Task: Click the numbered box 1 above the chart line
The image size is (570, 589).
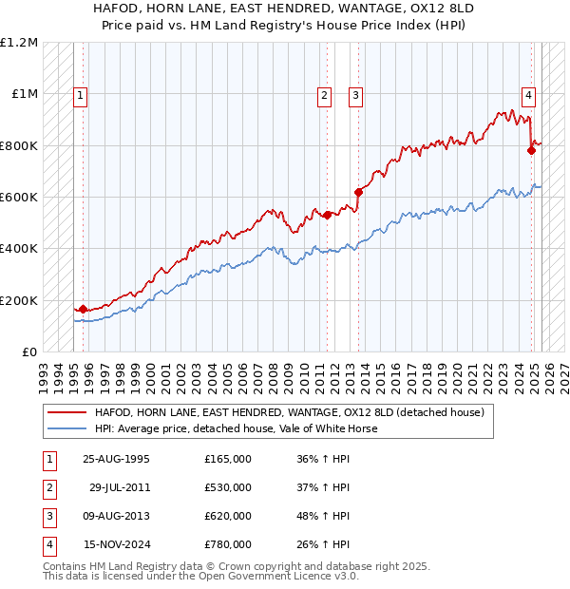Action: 81,94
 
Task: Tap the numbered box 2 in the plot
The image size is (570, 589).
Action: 325,94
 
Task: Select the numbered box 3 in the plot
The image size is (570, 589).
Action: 355,94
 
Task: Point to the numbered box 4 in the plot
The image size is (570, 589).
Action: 527,94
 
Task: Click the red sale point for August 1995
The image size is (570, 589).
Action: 83,309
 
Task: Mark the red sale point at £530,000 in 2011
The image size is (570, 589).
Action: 327,215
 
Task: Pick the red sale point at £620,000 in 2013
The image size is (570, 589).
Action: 358,192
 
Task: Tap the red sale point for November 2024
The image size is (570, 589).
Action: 531,150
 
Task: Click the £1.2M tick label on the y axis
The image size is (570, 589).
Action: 19,43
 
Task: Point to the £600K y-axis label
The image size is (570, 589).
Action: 19,197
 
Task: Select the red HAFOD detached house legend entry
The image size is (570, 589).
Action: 289,412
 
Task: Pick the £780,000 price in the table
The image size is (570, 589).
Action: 228,544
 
